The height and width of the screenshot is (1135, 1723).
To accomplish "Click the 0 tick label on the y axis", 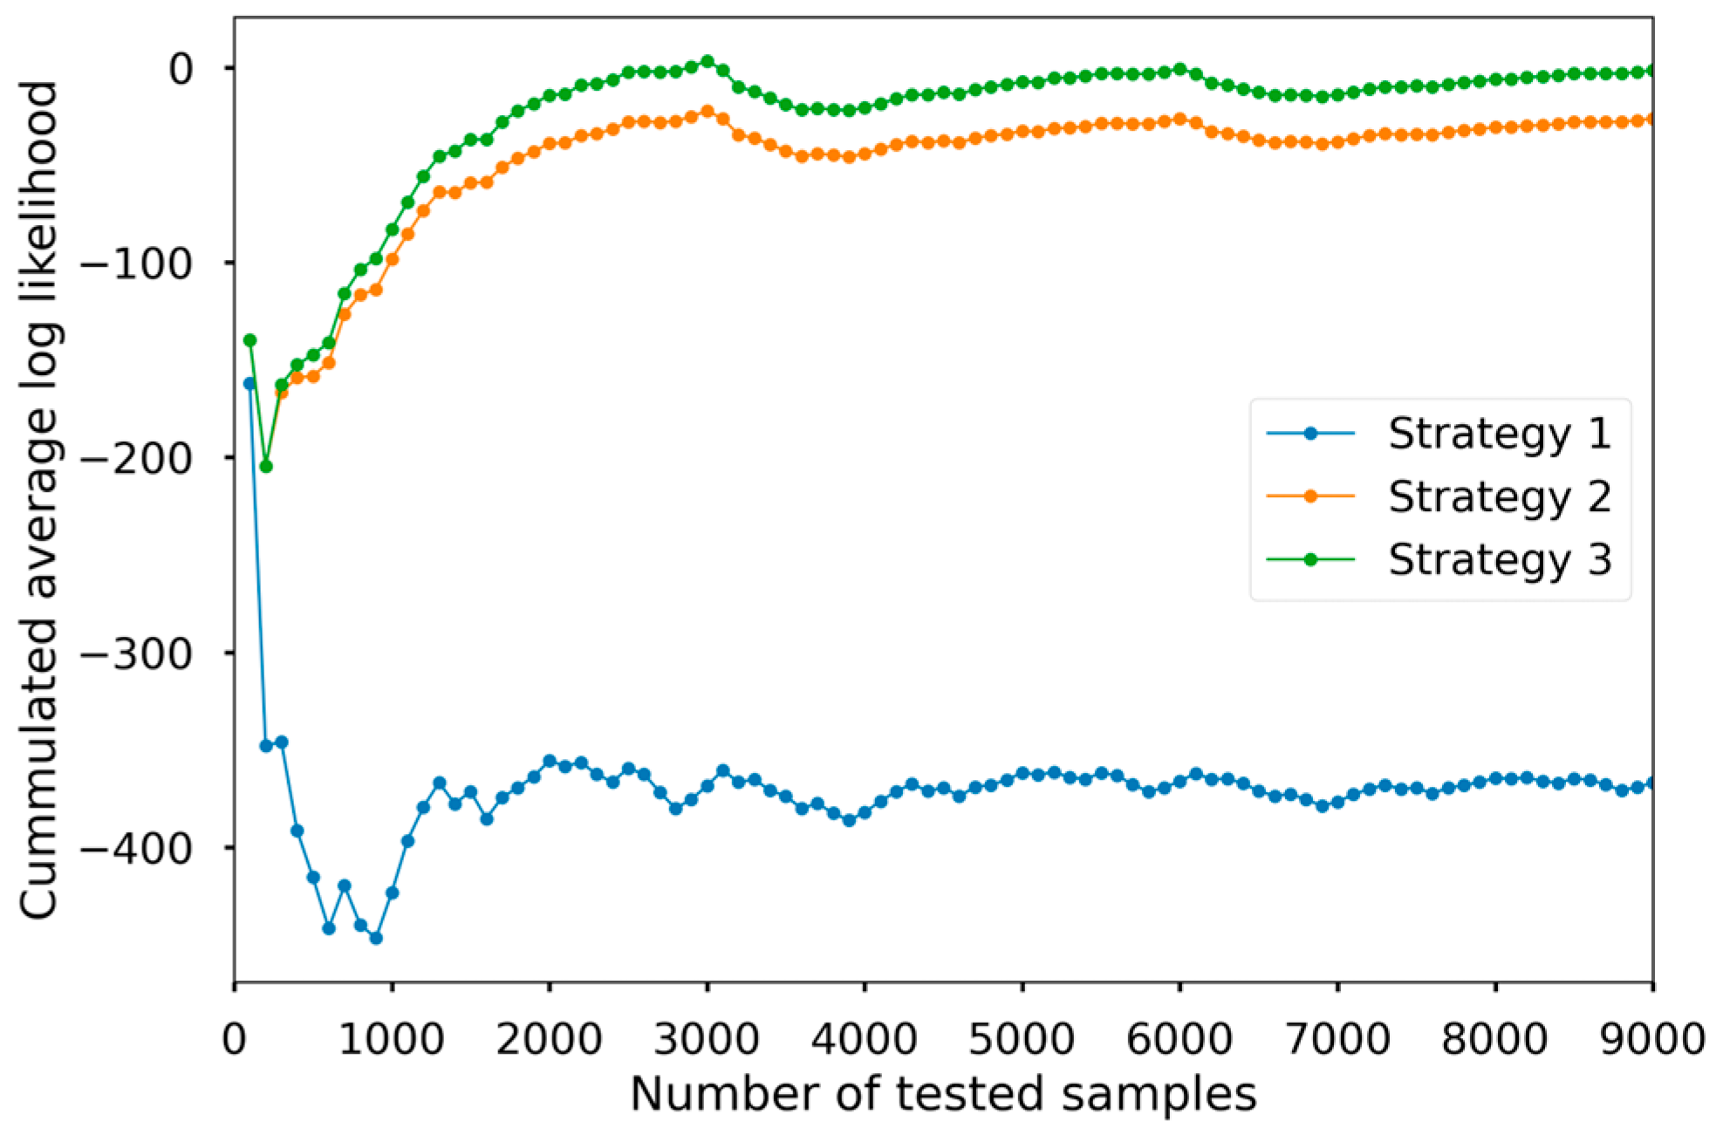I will (181, 68).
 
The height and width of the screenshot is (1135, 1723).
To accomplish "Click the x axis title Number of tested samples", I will (943, 1094).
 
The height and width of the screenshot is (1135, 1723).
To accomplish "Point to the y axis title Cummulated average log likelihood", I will (38, 499).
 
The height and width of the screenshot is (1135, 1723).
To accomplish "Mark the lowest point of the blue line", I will (376, 938).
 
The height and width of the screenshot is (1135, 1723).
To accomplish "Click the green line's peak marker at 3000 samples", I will (708, 61).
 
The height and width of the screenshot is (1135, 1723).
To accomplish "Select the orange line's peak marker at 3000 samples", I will (708, 112).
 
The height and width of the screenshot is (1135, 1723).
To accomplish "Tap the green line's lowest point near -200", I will (266, 467).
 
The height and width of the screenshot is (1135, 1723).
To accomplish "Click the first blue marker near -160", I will (250, 383).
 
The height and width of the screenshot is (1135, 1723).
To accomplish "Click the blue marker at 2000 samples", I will (550, 761).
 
